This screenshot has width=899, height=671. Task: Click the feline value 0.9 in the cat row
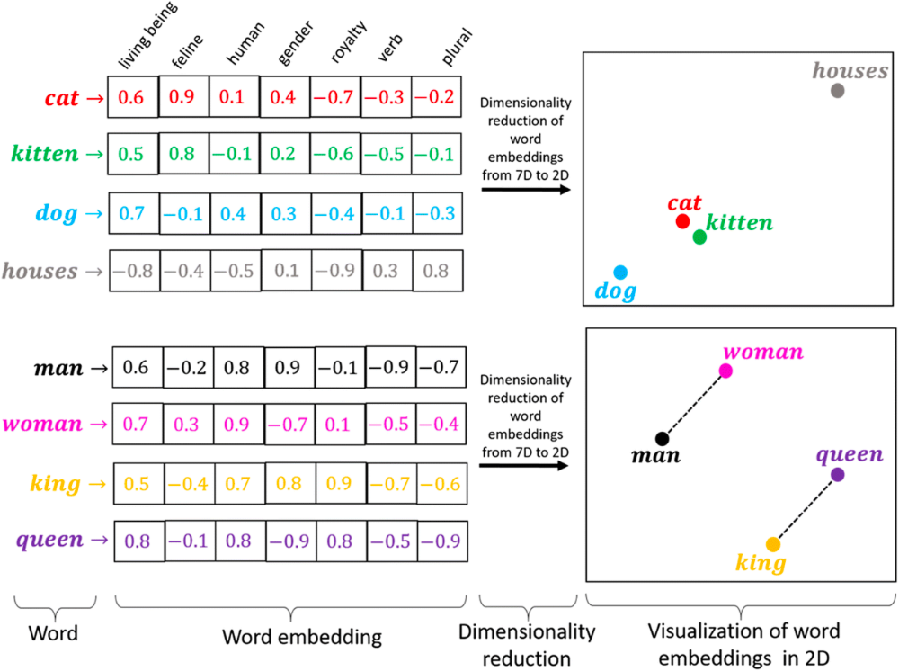click(x=183, y=97)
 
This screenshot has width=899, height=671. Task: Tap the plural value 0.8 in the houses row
click(x=437, y=271)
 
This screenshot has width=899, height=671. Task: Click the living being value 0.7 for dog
click(x=131, y=214)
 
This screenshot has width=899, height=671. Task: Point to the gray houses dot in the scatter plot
click(x=837, y=91)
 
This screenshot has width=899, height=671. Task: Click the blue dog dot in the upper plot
click(x=620, y=272)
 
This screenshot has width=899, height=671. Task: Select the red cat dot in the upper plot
click(x=682, y=221)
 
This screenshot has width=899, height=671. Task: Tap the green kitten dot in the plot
click(x=699, y=237)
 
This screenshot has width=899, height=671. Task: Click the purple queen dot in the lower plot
click(x=837, y=474)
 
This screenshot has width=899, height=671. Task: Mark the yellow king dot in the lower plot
click(x=772, y=544)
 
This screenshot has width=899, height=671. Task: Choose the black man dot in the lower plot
click(x=662, y=439)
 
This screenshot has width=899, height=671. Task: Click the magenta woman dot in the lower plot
click(x=725, y=371)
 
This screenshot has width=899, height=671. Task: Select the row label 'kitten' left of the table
click(x=45, y=154)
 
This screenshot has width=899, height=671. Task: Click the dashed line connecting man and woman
click(x=694, y=405)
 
